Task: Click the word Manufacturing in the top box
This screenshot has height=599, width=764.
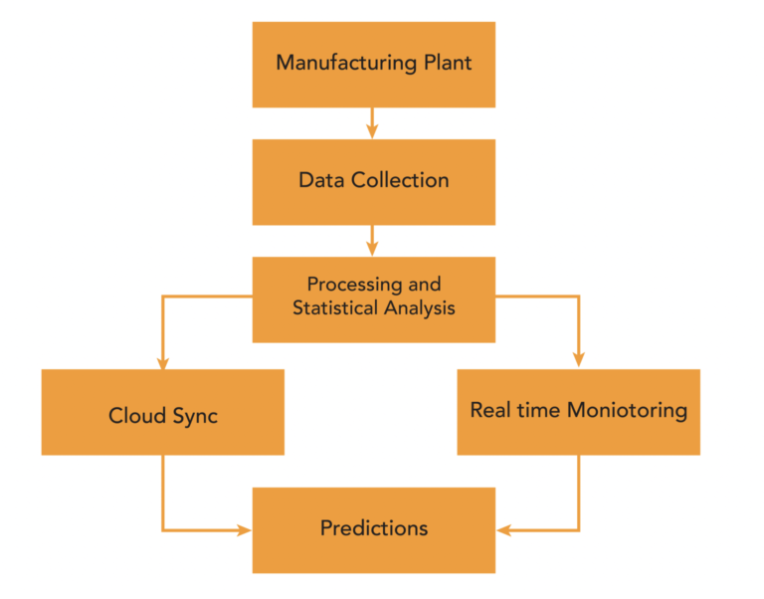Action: pos(346,63)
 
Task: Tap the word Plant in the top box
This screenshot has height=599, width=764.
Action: pos(448,63)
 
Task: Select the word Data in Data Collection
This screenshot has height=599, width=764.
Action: pos(321,180)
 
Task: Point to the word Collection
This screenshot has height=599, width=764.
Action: pos(400,180)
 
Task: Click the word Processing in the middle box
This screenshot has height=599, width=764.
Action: pos(354,285)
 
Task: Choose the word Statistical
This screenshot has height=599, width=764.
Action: pos(335,307)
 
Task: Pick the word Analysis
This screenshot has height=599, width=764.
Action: pos(420,308)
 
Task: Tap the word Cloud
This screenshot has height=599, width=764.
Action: pos(137,415)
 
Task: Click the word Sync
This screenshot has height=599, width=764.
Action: pos(195,416)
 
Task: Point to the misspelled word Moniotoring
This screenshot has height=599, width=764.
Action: pos(627,410)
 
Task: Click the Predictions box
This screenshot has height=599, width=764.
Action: pos(374,530)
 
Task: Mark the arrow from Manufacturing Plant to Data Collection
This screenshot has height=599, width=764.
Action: pos(372,123)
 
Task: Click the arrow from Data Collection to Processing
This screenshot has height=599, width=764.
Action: pos(372,241)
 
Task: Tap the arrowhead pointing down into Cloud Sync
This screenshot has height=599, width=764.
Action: pos(163,363)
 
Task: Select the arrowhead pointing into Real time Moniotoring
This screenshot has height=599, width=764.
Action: pos(578,360)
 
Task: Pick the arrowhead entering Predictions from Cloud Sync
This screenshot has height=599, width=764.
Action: pos(244,529)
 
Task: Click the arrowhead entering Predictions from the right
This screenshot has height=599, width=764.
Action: pos(503,530)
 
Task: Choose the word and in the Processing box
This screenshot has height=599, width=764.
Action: pos(425,285)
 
